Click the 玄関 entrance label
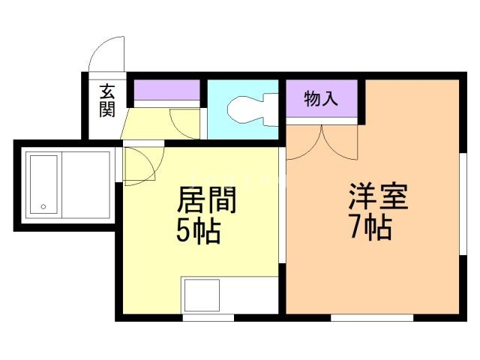click(x=107, y=100)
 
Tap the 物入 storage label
click(x=321, y=98)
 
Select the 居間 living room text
click(x=207, y=199)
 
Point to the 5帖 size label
click(x=198, y=231)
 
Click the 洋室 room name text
click(x=378, y=196)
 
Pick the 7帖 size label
click(x=370, y=227)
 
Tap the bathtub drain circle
click(x=43, y=207)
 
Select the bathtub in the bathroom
click(x=43, y=184)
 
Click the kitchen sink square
click(x=202, y=295)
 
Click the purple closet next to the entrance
click(x=166, y=90)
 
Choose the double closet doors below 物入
click(x=322, y=142)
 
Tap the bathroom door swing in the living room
click(x=144, y=166)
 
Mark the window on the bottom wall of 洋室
click(x=372, y=318)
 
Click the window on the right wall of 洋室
click(x=463, y=204)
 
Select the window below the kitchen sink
click(x=208, y=318)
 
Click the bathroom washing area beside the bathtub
click(x=86, y=185)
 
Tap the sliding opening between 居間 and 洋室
click(x=282, y=205)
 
